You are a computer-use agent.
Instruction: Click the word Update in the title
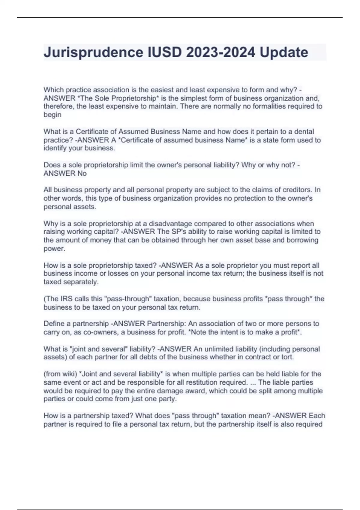click(284, 52)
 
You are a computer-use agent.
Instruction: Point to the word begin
click(52, 115)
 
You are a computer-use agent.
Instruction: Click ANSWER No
click(65, 173)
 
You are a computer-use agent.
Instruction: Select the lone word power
click(54, 249)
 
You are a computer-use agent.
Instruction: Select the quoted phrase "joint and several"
click(100, 349)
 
